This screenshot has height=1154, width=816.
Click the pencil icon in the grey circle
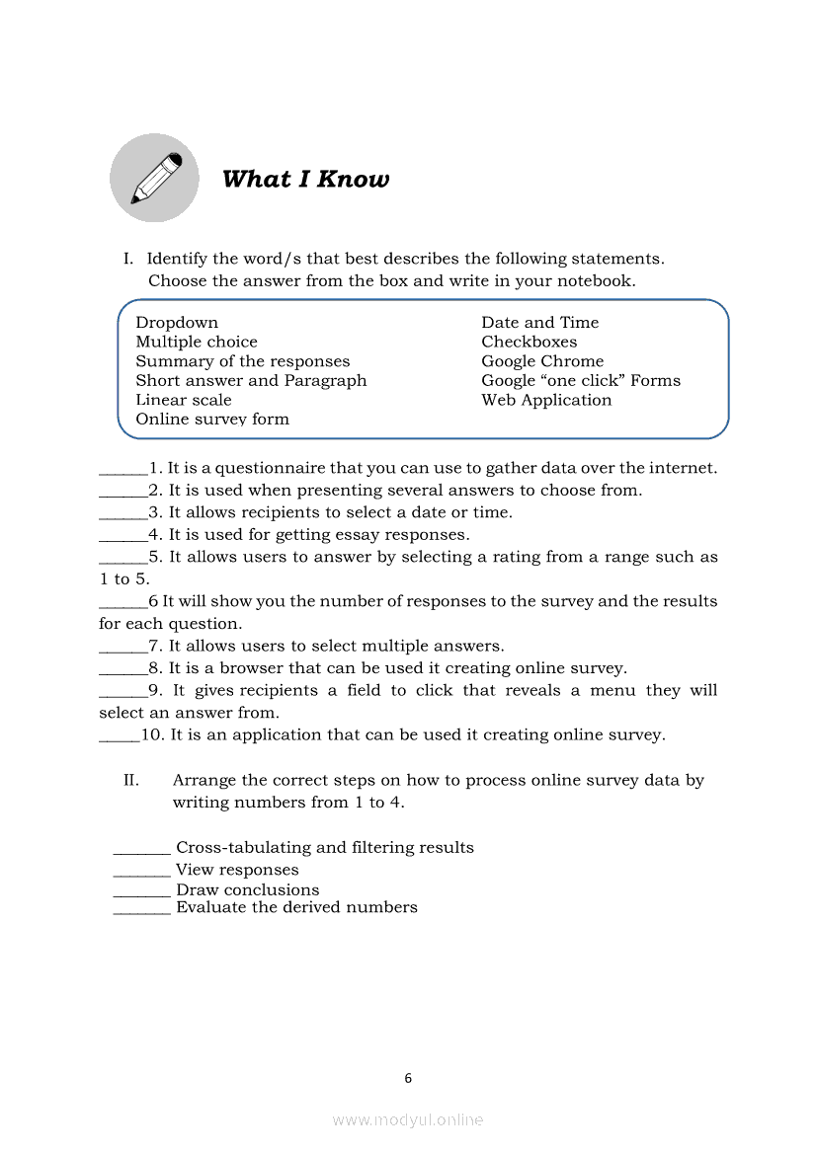click(155, 179)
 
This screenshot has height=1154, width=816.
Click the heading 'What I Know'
click(305, 179)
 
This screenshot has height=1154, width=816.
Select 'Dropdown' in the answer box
click(177, 323)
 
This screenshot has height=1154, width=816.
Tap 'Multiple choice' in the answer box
click(197, 342)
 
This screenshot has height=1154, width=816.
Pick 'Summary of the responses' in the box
click(243, 361)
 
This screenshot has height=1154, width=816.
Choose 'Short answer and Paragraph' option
click(251, 380)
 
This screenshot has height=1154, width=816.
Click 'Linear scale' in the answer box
click(184, 400)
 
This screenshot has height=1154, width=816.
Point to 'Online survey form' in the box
click(212, 419)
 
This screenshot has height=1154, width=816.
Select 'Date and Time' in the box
click(540, 323)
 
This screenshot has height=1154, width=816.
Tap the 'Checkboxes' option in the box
click(530, 342)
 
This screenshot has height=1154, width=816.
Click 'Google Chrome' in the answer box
click(542, 361)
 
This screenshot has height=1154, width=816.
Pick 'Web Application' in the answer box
click(546, 400)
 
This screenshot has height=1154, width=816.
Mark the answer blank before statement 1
click(123, 470)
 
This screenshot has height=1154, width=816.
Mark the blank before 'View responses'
click(142, 872)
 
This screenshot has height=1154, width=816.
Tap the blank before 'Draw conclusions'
click(142, 891)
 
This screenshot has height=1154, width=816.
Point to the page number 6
click(408, 1078)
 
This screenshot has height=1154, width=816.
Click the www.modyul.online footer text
click(408, 1119)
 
